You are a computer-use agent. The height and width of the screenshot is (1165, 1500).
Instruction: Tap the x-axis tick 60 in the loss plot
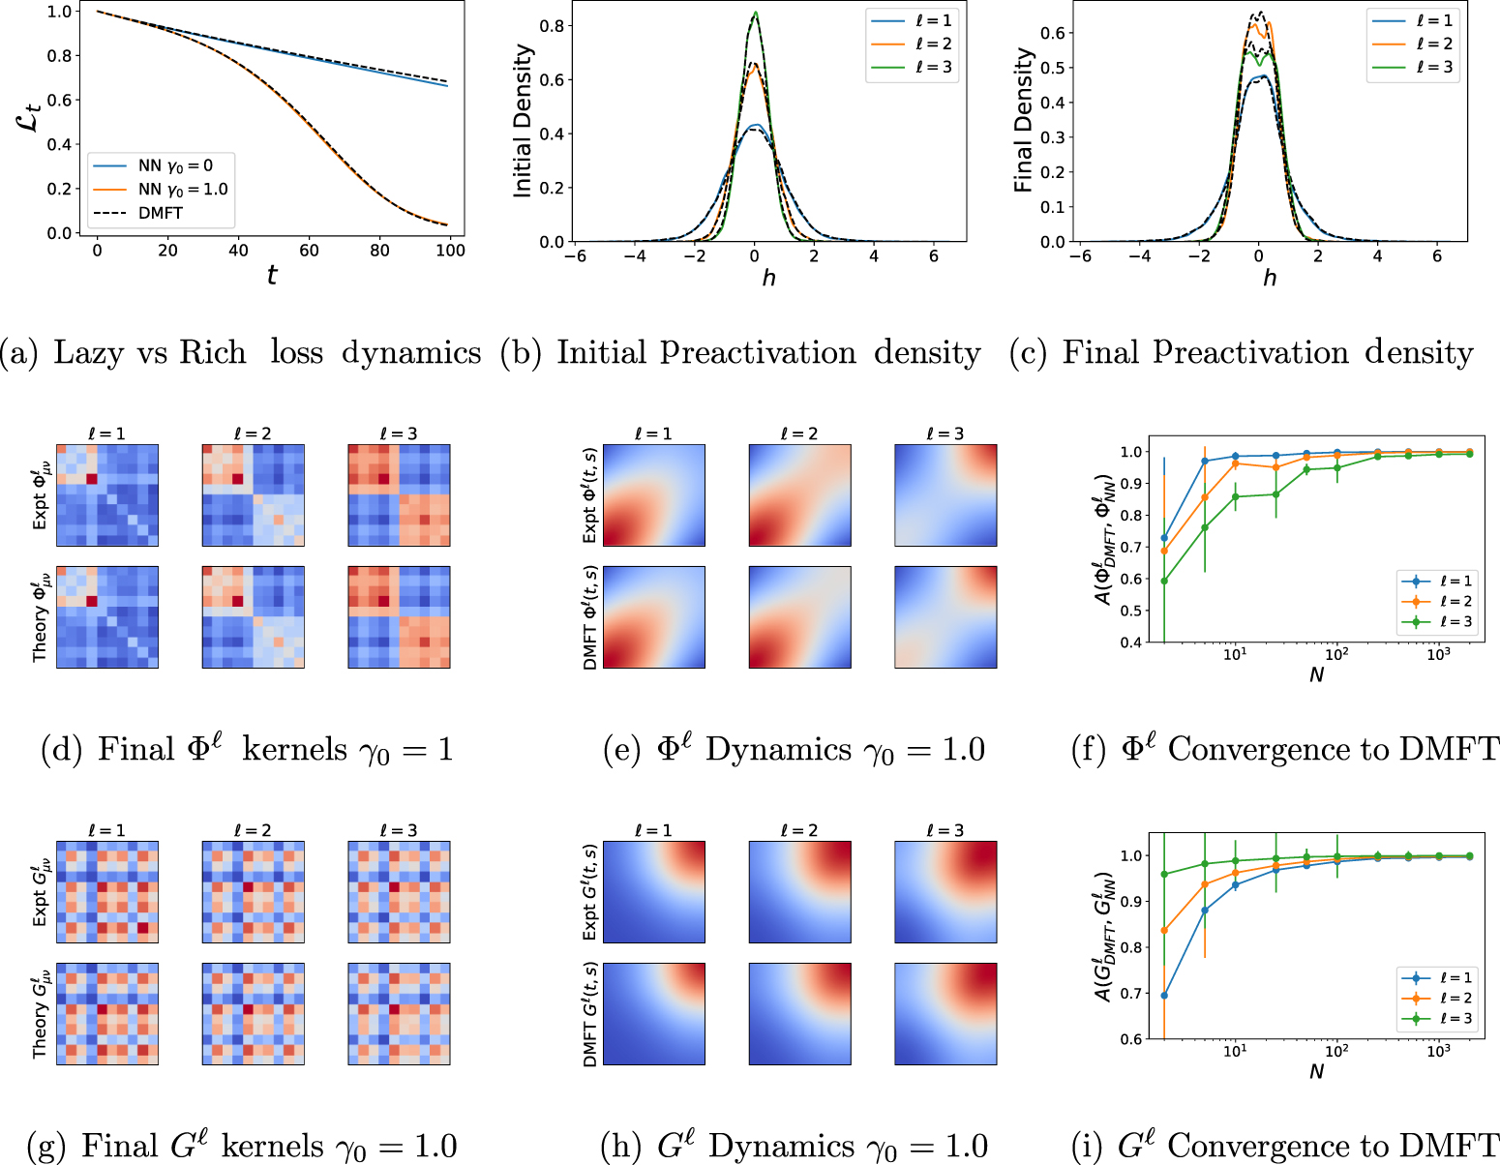(309, 251)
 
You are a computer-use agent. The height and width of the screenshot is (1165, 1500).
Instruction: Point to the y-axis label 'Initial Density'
(524, 121)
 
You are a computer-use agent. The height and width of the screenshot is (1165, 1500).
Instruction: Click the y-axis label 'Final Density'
(1024, 121)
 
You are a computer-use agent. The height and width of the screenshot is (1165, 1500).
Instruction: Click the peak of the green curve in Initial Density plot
(755, 14)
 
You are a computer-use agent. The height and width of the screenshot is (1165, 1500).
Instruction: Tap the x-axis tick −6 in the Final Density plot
(1080, 256)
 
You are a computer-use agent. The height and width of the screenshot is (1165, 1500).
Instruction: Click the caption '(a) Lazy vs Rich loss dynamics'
(241, 353)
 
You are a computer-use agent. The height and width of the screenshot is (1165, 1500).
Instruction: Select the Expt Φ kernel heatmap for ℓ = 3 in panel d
(399, 495)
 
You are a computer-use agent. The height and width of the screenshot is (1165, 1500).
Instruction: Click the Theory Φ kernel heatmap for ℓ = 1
(107, 617)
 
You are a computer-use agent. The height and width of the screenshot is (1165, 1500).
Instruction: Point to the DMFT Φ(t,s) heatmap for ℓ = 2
(799, 617)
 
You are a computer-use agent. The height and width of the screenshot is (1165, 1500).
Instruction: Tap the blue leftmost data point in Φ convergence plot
(1164, 538)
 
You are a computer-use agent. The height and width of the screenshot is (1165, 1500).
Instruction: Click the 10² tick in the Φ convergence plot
(1336, 655)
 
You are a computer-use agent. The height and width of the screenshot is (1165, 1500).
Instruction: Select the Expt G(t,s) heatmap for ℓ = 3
(945, 892)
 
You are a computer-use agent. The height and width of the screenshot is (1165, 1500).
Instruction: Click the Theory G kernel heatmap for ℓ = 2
(253, 1014)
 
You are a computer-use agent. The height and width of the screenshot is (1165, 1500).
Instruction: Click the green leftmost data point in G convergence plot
(1164, 875)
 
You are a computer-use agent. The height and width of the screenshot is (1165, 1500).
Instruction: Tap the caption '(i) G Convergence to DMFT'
(1285, 1147)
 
